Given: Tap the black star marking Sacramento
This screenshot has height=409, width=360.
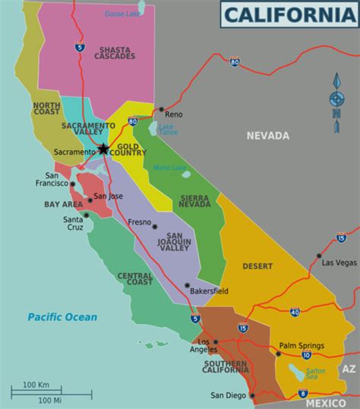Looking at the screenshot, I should tap(104, 149).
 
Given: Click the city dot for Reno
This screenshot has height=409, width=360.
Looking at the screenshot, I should tap(162, 109).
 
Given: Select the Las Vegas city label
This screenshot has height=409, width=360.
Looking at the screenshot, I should tap(338, 263).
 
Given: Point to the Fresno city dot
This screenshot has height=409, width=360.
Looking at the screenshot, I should tap(153, 225).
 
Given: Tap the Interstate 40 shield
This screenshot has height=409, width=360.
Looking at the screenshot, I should tap(295, 311).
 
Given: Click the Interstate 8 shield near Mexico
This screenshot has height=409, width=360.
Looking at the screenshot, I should tap(303, 393).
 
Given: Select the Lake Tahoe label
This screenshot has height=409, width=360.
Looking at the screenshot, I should tap(167, 129).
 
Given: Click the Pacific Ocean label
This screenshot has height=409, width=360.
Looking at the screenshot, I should tap(62, 316).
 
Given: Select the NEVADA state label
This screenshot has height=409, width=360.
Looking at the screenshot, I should tap(268, 136).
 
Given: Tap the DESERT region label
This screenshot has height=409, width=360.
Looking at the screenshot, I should tap(257, 266).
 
